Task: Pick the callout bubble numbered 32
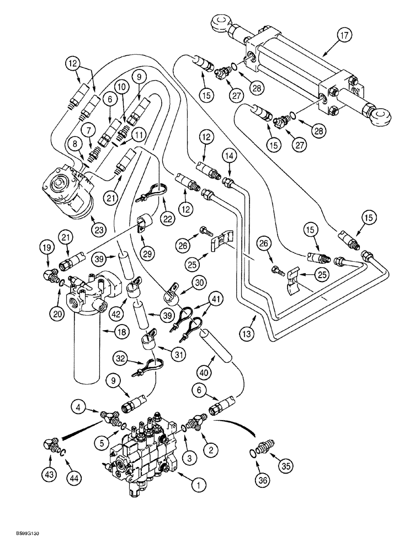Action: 119,359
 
